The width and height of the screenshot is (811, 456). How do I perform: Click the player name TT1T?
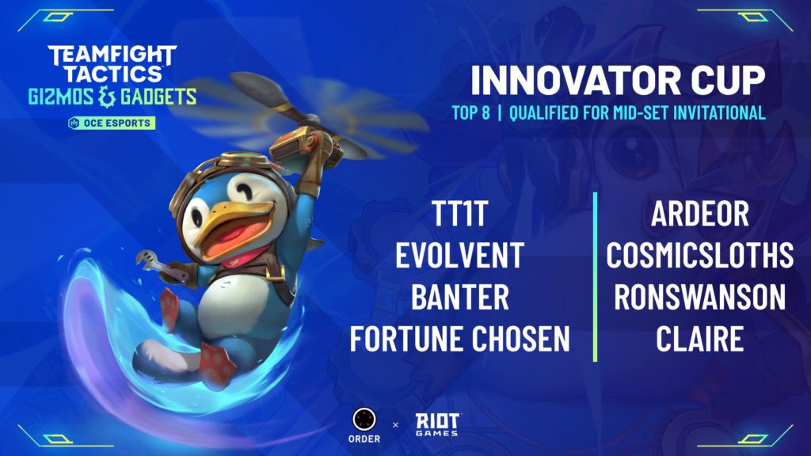(460, 214)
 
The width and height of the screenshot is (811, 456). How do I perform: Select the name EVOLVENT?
(460, 255)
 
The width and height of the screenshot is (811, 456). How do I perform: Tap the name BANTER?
(460, 297)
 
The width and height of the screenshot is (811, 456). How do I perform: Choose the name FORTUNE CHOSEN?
(460, 339)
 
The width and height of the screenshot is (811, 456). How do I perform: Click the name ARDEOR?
(700, 214)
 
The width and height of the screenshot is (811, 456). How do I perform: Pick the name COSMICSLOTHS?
(700, 255)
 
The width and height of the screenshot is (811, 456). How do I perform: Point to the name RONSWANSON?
(700, 297)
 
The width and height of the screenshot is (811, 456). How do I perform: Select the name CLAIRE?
(700, 339)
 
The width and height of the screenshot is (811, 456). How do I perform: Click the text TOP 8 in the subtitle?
(470, 112)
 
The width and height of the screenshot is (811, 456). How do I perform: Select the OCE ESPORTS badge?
(112, 123)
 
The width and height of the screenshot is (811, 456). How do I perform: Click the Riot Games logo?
(437, 424)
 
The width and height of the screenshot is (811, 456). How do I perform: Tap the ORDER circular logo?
(364, 420)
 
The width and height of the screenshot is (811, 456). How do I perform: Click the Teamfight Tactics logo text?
(112, 64)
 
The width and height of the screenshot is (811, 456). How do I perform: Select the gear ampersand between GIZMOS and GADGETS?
(106, 97)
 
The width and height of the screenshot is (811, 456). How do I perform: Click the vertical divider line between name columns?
(596, 277)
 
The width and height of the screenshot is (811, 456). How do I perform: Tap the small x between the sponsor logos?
(396, 425)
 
